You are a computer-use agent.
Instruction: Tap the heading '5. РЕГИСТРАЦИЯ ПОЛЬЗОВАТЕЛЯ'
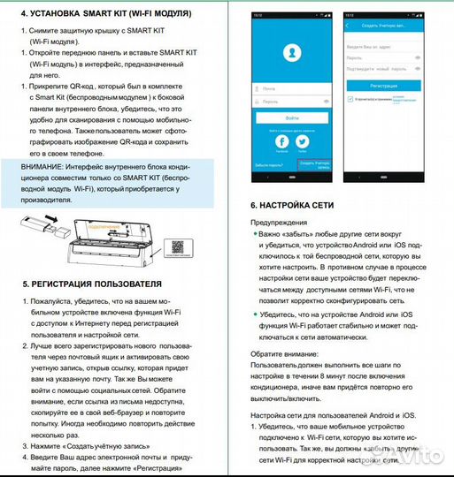91,284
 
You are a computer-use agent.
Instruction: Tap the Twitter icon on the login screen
303,140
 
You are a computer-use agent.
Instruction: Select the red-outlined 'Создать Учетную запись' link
317,163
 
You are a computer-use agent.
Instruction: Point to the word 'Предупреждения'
280,222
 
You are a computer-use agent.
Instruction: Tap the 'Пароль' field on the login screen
292,102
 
